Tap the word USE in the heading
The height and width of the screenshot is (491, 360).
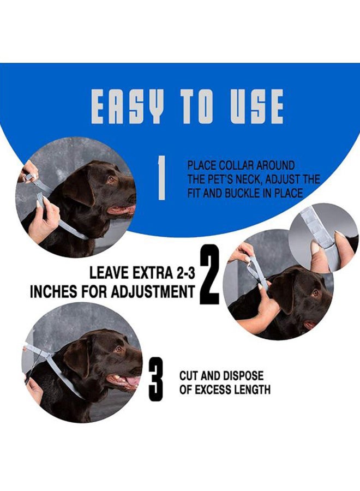[x=256, y=107]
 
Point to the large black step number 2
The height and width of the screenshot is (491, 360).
[x=209, y=274]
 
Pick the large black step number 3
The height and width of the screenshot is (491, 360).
[x=156, y=378]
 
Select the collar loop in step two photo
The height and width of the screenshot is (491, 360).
[x=256, y=271]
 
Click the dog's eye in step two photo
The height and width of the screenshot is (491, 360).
[x=315, y=293]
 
